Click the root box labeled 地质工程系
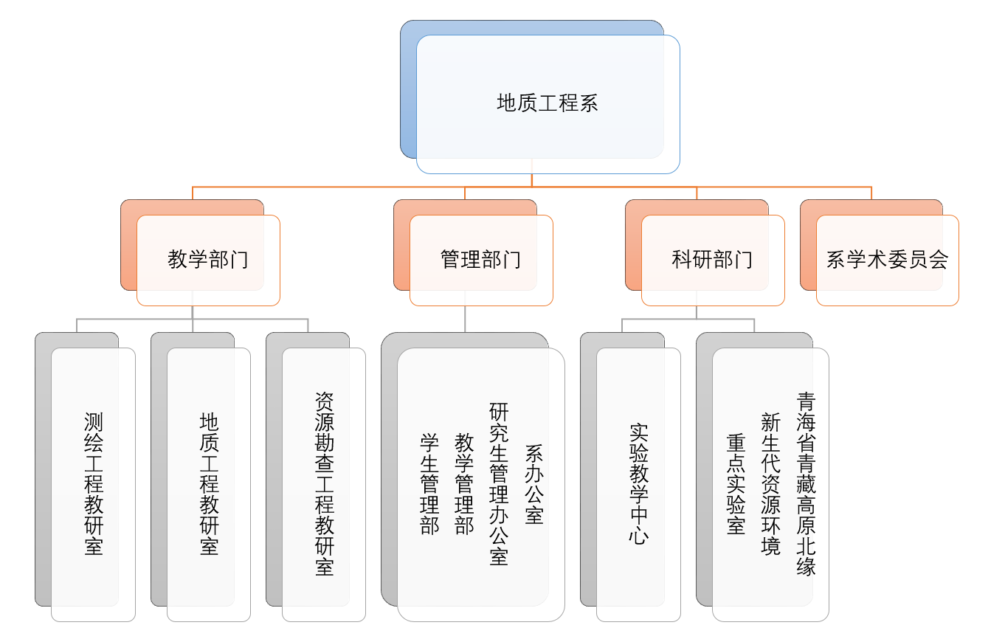point(548,103)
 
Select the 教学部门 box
point(208,260)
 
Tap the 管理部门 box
point(481,260)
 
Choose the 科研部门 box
point(713,260)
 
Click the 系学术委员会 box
point(887,260)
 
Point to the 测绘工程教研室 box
point(94,484)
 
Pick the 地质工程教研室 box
point(209,484)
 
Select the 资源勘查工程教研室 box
point(324,484)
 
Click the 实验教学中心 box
point(638,484)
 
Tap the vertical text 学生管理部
point(429,484)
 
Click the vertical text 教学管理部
point(464,484)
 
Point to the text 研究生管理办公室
point(499,484)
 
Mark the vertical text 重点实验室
point(736,484)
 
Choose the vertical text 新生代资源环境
point(770,484)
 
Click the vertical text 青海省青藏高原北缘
point(806,484)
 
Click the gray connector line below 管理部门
point(465,319)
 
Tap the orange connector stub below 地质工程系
point(532,180)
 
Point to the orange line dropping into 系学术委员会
point(871,193)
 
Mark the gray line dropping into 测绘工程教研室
point(77,325)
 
